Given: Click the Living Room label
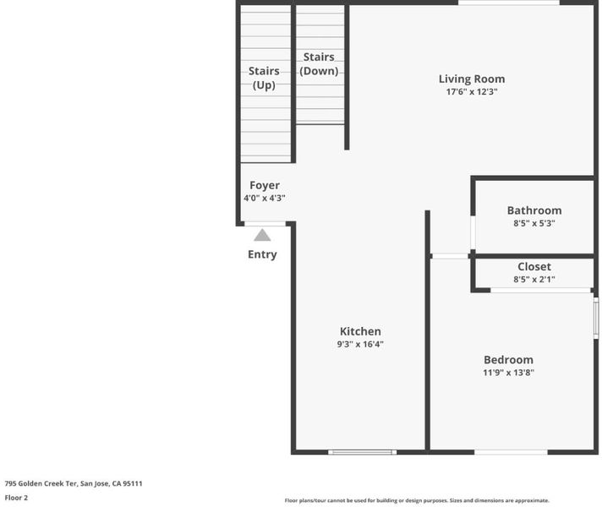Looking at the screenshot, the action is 472,79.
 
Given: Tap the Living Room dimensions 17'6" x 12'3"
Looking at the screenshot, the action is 472,92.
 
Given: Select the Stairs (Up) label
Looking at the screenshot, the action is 264,78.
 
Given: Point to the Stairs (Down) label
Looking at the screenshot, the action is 319,63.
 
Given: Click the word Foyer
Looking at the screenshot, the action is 265,185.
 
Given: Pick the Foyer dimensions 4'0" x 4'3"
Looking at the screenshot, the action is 265,198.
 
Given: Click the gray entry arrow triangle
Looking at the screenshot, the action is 262,235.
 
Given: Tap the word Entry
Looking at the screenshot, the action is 262,254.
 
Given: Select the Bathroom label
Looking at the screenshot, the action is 534,210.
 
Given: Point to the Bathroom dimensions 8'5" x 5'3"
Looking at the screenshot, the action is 534,223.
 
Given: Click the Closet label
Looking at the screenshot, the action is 534,266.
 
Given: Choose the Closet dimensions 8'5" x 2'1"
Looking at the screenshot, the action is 534,280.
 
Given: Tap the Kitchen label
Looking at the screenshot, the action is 360,331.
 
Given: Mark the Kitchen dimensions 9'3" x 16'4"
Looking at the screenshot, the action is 360,344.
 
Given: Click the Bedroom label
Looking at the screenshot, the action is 508,360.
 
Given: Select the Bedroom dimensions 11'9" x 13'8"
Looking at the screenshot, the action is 508,373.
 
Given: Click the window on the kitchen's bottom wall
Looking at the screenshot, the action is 362,452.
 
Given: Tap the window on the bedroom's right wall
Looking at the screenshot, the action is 596,318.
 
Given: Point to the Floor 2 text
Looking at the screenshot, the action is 16,498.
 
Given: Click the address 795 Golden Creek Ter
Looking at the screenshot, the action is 41,483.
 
